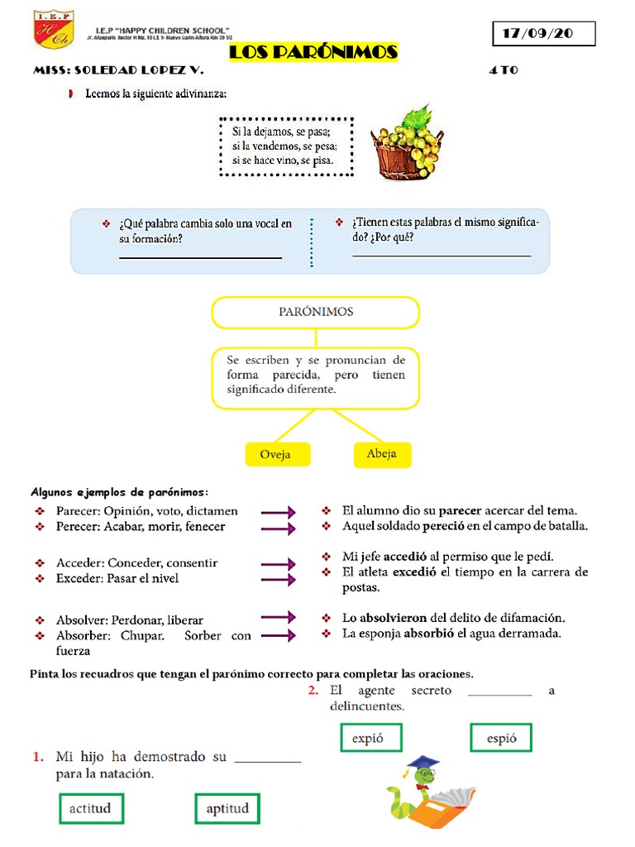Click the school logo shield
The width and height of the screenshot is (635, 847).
click(53, 30)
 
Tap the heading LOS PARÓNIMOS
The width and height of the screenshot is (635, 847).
click(313, 53)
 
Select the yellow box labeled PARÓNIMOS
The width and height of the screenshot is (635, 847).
click(315, 312)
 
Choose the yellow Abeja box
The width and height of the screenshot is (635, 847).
click(381, 453)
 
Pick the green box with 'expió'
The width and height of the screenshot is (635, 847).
click(371, 738)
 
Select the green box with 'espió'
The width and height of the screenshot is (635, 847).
click(501, 738)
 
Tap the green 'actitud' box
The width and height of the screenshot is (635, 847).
click(90, 808)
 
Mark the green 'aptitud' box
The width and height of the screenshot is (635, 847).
click(227, 808)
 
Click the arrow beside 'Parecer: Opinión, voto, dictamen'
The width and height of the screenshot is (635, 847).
click(278, 512)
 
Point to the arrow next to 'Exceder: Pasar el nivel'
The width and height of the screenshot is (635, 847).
click(278, 579)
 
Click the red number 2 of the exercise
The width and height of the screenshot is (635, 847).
click(313, 691)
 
